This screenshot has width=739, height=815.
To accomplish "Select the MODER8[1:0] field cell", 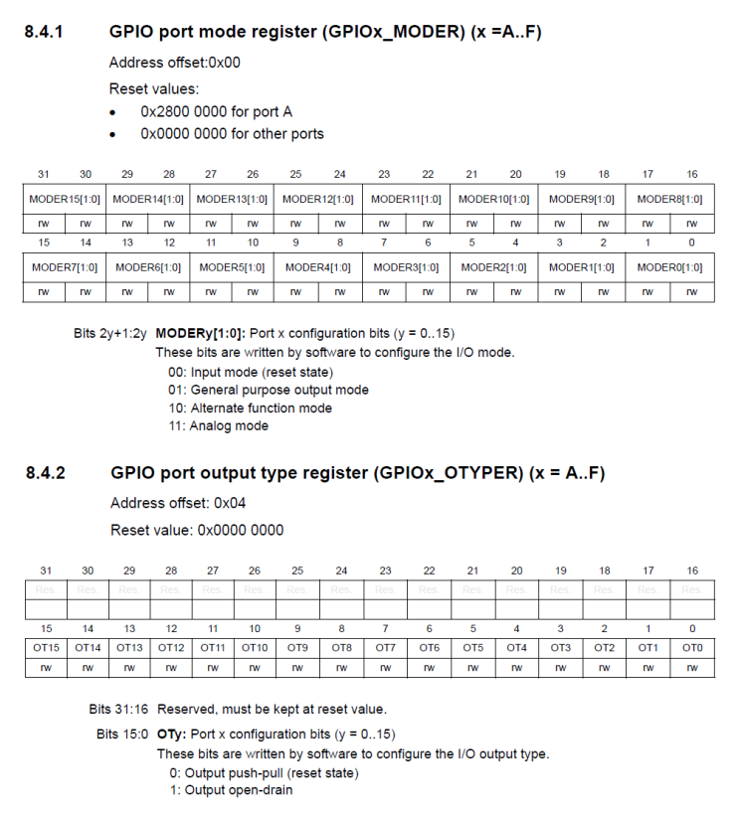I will [669, 199].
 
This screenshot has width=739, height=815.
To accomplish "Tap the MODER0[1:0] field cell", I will [669, 267].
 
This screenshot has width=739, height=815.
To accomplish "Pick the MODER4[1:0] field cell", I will [317, 267].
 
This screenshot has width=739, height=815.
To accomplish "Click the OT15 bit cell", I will [46, 648].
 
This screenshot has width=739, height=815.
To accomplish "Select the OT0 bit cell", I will [692, 648].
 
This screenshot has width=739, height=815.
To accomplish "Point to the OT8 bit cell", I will [341, 648].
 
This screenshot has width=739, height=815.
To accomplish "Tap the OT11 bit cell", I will [213, 648].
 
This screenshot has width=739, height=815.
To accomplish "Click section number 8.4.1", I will [44, 33].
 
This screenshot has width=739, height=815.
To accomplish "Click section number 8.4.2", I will [45, 473].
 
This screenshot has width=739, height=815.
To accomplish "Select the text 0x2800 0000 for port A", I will [216, 111].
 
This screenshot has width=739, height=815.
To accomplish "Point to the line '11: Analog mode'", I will [218, 425].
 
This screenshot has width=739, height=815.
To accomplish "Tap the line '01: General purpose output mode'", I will [269, 390].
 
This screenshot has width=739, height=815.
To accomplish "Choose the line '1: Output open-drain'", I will [231, 790].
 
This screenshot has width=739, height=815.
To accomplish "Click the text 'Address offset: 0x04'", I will [178, 503].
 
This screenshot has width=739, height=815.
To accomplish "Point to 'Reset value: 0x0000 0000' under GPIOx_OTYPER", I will [196, 530].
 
